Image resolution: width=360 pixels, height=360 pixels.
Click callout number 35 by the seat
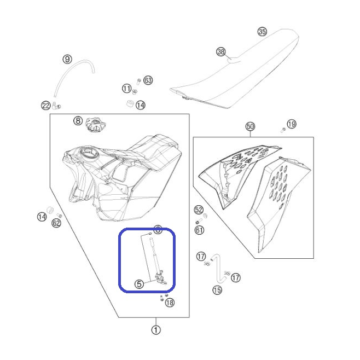tap(262, 31)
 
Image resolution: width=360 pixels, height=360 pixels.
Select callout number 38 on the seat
tap(221, 51)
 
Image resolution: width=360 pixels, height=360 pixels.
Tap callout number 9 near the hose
tap(67, 59)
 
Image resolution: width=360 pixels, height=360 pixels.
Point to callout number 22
tap(46, 106)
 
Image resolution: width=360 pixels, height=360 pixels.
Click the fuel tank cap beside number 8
tap(95, 125)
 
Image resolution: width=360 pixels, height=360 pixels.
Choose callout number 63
tap(148, 80)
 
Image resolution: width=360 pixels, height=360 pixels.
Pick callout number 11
tap(126, 89)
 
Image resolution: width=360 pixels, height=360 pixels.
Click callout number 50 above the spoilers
tap(250, 126)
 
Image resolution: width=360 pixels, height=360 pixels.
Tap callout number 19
tap(292, 124)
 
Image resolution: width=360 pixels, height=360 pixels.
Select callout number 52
tap(199, 210)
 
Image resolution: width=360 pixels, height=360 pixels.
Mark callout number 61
tap(199, 230)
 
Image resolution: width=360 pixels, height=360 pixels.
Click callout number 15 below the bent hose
tap(217, 290)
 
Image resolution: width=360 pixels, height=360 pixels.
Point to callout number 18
tap(170, 303)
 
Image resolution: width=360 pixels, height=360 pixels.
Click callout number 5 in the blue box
tap(139, 284)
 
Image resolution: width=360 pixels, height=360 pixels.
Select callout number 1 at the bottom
tap(156, 330)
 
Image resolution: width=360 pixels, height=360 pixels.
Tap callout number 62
tap(56, 223)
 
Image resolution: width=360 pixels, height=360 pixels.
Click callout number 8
tap(78, 120)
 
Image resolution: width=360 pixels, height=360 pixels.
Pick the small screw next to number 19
tap(283, 130)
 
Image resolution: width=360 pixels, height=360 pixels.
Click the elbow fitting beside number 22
tap(56, 106)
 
